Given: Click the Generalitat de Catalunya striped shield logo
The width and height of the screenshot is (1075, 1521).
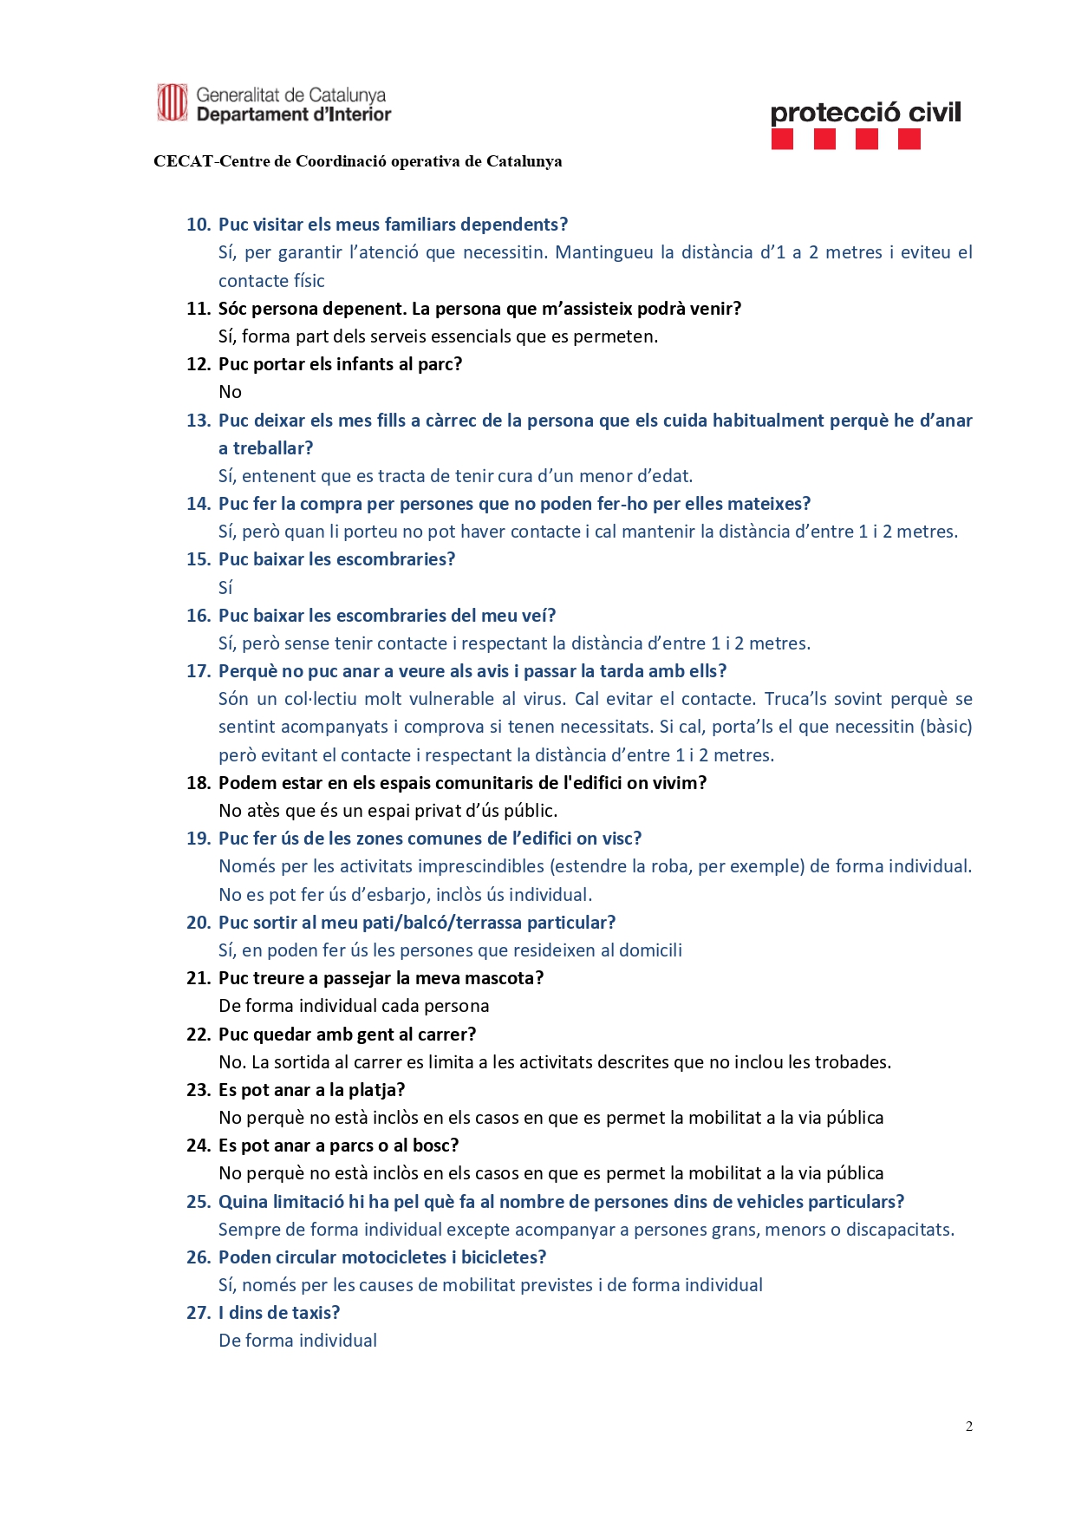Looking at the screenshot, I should tap(172, 102).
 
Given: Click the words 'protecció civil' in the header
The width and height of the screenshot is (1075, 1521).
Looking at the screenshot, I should tap(865, 113).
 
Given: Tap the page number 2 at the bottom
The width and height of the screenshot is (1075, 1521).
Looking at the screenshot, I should tap(968, 1426).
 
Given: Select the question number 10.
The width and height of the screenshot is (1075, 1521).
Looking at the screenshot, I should tap(199, 225).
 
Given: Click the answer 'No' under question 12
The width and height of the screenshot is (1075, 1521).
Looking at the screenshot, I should tap(230, 392).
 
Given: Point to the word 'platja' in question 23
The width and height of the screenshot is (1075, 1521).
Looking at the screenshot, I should tap(372, 1090).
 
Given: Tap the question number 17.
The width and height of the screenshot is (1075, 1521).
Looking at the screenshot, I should tap(199, 671).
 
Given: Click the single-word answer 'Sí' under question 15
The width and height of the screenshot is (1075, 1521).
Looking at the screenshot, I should tap(225, 588).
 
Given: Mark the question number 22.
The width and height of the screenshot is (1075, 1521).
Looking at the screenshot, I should tap(199, 1035).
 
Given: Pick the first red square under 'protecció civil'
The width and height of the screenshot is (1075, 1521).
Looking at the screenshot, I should tap(782, 140).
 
